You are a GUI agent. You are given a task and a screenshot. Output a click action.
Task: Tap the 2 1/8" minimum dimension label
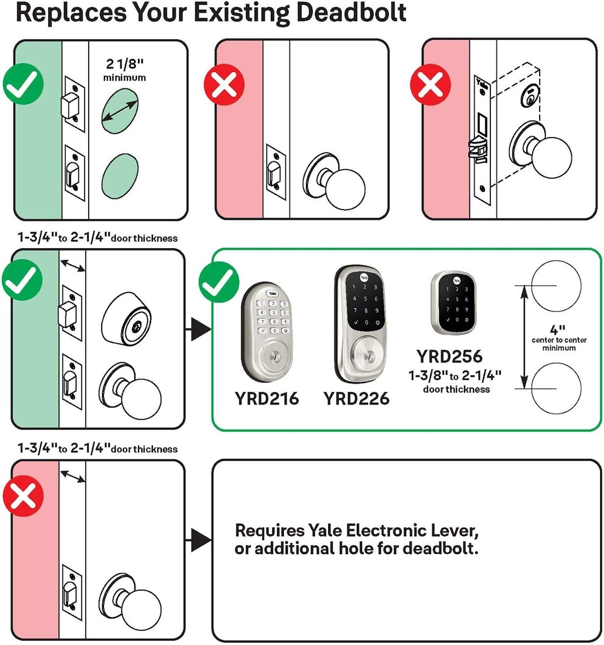coord(124,69)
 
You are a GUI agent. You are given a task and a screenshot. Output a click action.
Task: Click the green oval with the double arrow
coord(120,111)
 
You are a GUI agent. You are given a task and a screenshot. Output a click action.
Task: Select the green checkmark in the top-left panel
coord(23,85)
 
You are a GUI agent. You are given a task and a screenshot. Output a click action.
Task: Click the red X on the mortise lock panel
coord(430,85)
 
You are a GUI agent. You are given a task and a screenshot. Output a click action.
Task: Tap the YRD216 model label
coord(267,398)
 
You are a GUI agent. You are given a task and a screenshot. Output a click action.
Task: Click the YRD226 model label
coord(356,398)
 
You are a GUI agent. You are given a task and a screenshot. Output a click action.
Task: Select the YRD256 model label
coord(449,356)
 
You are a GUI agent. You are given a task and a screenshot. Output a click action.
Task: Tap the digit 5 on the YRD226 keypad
coord(365,299)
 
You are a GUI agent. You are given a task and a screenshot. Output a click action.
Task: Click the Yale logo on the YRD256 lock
coord(456,280)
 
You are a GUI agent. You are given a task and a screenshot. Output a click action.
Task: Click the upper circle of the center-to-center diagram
coord(556,285)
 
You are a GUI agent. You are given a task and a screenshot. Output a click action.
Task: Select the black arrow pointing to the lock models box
coord(200,329)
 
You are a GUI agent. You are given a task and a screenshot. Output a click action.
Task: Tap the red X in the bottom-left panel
coord(23,495)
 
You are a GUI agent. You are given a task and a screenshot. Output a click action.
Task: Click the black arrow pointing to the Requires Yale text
coord(200,540)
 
